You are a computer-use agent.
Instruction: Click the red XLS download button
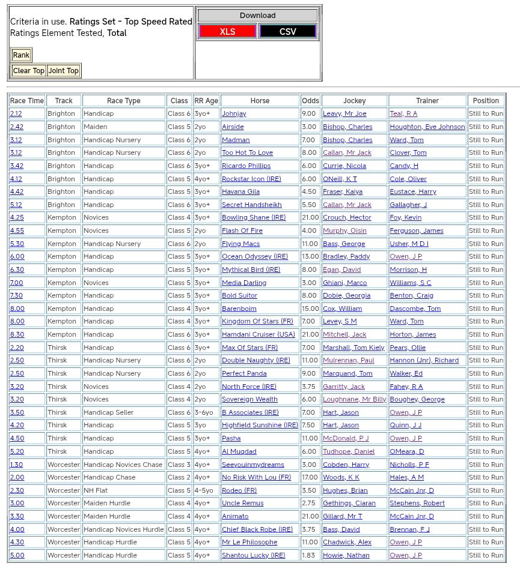click(227, 31)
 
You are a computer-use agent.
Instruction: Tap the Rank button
click(21, 55)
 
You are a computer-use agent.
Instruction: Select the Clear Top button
click(29, 71)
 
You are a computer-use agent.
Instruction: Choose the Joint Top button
click(64, 71)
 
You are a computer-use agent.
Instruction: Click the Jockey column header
click(354, 101)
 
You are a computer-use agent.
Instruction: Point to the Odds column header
click(310, 101)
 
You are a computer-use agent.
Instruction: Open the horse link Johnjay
click(234, 114)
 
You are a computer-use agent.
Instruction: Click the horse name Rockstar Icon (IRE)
click(251, 179)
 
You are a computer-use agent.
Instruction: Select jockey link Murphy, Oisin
click(344, 230)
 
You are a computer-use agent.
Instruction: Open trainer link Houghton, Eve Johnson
click(427, 127)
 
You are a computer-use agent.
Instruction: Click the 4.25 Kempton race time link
click(17, 218)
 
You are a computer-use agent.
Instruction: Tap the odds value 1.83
click(308, 555)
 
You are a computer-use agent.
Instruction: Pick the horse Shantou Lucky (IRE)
click(253, 555)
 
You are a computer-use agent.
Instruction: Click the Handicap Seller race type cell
click(109, 412)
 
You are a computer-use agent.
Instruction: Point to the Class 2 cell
click(179, 477)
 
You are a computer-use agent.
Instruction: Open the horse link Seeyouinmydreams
click(252, 465)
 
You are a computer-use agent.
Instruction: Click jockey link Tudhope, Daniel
click(349, 451)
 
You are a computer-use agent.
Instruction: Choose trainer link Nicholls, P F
click(409, 465)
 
